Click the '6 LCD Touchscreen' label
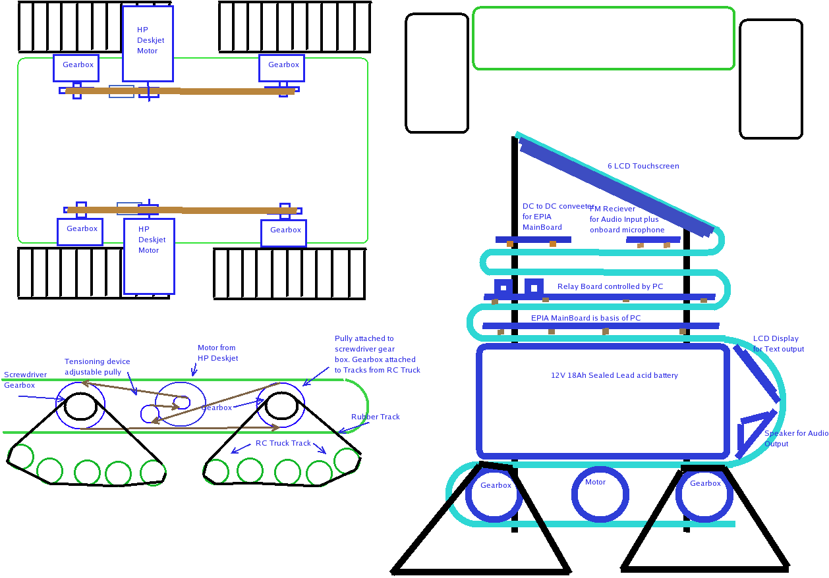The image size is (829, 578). (x=643, y=166)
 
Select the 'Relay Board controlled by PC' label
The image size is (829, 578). (x=610, y=286)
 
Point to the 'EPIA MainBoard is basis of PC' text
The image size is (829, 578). (x=586, y=318)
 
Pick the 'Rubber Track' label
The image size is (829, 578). (x=375, y=417)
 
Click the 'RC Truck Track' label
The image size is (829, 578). (x=283, y=443)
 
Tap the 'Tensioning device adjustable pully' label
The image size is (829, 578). (x=98, y=367)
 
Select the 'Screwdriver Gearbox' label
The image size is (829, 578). (x=25, y=380)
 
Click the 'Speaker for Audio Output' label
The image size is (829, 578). (x=796, y=438)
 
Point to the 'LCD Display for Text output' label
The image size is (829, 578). (x=778, y=344)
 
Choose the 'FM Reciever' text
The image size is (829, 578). (x=613, y=209)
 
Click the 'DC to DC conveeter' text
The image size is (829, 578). (x=558, y=206)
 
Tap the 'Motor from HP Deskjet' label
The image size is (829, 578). (x=217, y=353)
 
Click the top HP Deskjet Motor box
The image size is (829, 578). (x=148, y=43)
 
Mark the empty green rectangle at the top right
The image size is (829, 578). (x=603, y=38)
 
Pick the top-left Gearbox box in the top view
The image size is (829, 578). (x=76, y=68)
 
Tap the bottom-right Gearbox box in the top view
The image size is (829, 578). (x=283, y=232)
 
